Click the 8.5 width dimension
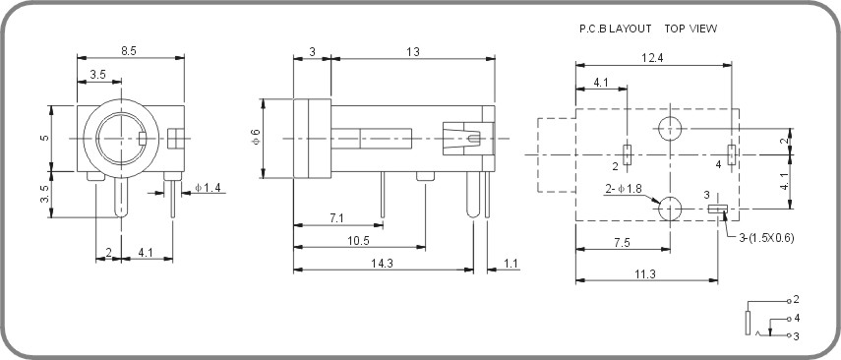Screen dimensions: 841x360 tap(129, 51)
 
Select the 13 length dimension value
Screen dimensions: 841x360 tap(413, 51)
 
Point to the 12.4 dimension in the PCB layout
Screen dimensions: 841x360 tap(653, 58)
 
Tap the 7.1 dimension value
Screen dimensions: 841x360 tap(336, 217)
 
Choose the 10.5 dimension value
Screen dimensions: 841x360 tap(358, 240)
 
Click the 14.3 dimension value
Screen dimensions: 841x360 tap(383, 263)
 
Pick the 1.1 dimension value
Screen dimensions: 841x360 tap(511, 263)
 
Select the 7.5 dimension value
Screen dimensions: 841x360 tap(622, 243)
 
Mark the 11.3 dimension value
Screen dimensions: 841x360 tap(645, 273)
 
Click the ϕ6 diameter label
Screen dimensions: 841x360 tap(256, 138)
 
